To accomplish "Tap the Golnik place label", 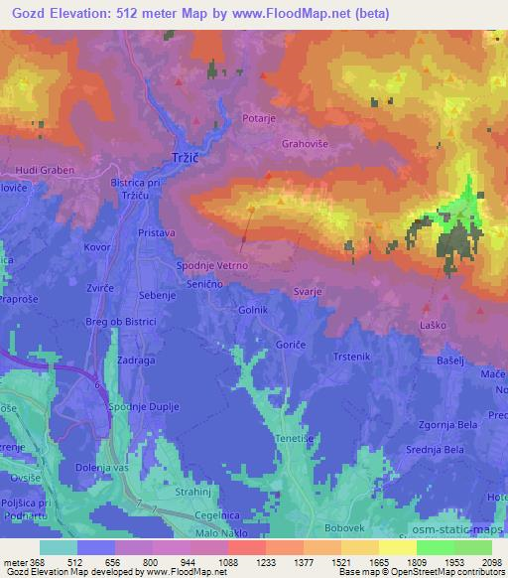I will pos(253,311).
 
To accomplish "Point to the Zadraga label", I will pos(135,361).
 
